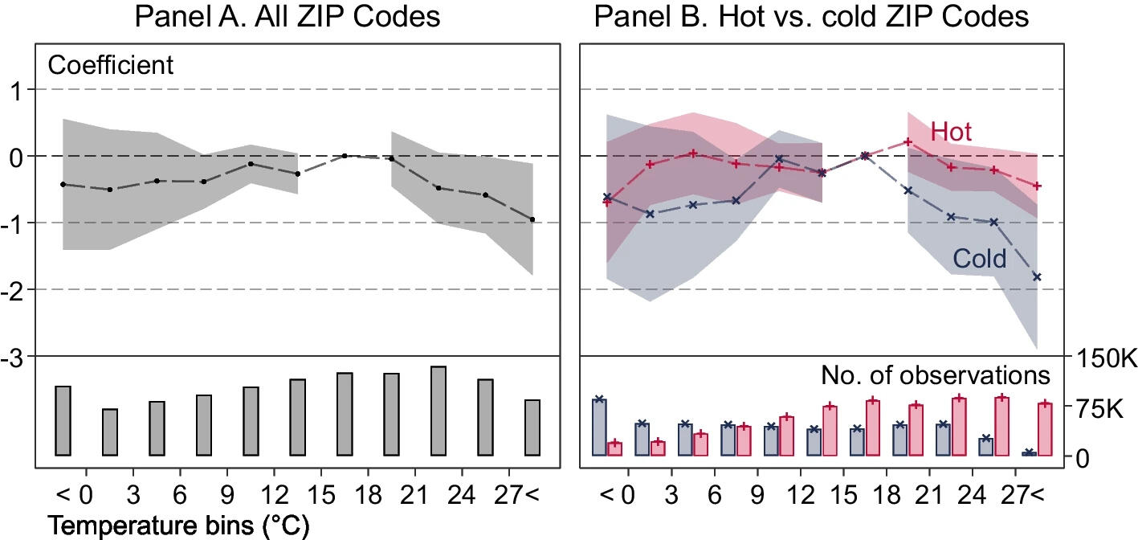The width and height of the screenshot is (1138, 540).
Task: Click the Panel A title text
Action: (x=288, y=16)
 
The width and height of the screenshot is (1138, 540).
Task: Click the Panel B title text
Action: (x=811, y=16)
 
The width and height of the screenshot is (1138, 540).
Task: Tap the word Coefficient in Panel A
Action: (x=111, y=64)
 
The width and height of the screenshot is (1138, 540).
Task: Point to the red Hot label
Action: (x=951, y=132)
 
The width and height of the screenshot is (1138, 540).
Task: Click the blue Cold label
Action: (x=979, y=259)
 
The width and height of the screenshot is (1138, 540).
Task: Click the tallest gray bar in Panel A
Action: (x=438, y=411)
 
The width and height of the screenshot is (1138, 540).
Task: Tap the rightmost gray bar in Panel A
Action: (x=532, y=427)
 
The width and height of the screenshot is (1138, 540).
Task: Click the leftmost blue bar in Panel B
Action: (x=599, y=427)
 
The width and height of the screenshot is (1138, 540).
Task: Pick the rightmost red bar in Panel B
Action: (x=1045, y=429)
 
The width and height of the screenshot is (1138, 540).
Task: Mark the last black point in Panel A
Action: (x=532, y=219)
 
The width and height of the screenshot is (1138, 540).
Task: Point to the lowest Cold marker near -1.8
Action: (x=1037, y=277)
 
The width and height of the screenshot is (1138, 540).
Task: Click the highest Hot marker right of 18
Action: (x=908, y=141)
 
